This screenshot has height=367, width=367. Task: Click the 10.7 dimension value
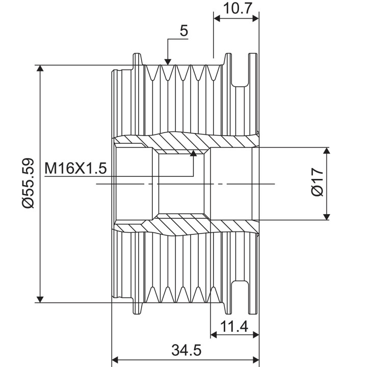(x=238, y=9)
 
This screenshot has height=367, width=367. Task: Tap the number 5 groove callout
(x=184, y=31)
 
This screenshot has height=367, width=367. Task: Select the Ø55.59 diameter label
(x=28, y=183)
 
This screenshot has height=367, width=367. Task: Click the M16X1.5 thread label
(x=75, y=168)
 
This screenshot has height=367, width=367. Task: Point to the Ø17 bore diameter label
(x=318, y=182)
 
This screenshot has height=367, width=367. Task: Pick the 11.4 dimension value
(x=234, y=327)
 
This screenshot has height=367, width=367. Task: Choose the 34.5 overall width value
(x=187, y=350)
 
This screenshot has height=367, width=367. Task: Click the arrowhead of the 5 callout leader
(x=168, y=62)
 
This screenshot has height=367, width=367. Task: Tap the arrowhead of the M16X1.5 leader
(x=193, y=153)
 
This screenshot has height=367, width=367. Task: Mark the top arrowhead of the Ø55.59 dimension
(x=40, y=68)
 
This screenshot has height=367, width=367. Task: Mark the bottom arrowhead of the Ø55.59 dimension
(x=40, y=300)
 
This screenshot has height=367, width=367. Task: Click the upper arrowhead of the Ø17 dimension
(x=327, y=150)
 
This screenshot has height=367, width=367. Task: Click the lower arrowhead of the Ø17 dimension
(x=327, y=217)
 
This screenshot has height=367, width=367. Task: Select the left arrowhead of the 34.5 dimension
(x=115, y=359)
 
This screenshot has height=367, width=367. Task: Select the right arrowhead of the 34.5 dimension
(x=256, y=359)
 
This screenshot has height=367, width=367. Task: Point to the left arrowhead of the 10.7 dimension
(x=217, y=19)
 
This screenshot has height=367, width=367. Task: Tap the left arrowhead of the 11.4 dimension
(x=214, y=335)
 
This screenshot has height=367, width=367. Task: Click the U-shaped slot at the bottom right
(x=240, y=298)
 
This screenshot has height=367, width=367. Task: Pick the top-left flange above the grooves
(x=138, y=59)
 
